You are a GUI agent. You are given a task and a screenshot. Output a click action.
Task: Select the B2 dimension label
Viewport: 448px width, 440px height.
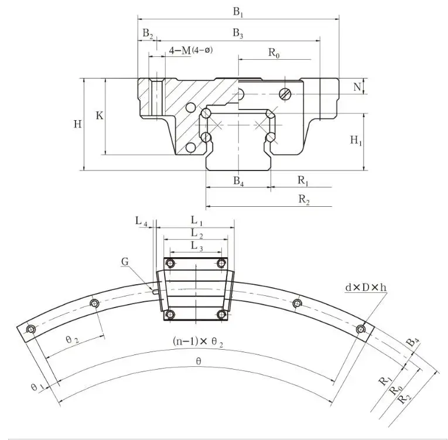(x=148, y=35)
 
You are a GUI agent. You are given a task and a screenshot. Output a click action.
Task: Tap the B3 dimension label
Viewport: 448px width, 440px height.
(x=238, y=35)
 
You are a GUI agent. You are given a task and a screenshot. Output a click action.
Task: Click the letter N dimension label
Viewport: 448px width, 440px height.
(x=357, y=87)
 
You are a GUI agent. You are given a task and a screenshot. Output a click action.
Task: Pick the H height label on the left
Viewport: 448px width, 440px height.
(x=77, y=124)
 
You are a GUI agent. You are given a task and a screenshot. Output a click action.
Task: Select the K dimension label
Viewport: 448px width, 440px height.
(x=100, y=116)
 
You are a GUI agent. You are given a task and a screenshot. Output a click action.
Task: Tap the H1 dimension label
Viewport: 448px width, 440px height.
(x=356, y=140)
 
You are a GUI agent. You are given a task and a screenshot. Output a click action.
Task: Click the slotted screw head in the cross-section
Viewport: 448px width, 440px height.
(x=285, y=93)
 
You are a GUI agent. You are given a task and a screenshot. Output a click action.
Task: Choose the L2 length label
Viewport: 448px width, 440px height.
(x=197, y=234)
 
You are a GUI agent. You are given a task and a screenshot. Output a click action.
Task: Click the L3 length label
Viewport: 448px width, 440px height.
(x=197, y=248)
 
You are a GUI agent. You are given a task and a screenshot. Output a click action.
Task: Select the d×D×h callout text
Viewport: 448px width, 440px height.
(x=365, y=288)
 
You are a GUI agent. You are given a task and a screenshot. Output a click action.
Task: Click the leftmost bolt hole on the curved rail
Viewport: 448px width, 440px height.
(x=30, y=330)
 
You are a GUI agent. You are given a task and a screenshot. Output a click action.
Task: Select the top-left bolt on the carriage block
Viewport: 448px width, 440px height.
(x=170, y=263)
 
